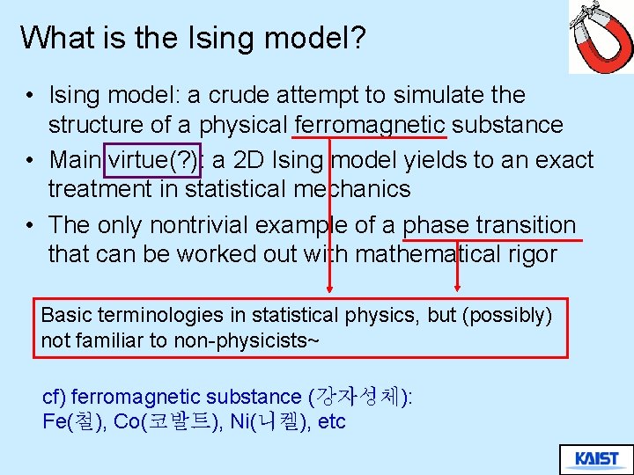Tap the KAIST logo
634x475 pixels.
pyautogui.click(x=596, y=458)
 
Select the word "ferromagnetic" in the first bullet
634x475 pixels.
pyautogui.click(x=370, y=125)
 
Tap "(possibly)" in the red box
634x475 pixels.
pyautogui.click(x=510, y=315)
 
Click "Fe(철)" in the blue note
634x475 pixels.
pyautogui.click(x=74, y=422)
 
